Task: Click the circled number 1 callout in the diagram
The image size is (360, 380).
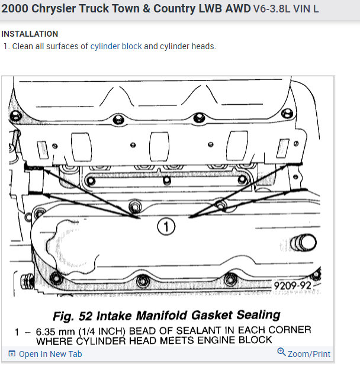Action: tap(166, 225)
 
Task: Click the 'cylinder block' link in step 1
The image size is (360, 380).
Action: tap(116, 46)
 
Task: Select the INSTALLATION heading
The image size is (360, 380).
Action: tap(30, 34)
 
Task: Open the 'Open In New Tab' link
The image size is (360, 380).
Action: tap(50, 354)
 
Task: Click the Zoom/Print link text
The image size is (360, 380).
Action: tap(309, 354)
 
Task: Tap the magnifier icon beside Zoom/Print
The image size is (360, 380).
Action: tap(281, 353)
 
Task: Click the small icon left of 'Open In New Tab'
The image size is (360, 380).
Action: tap(12, 354)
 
